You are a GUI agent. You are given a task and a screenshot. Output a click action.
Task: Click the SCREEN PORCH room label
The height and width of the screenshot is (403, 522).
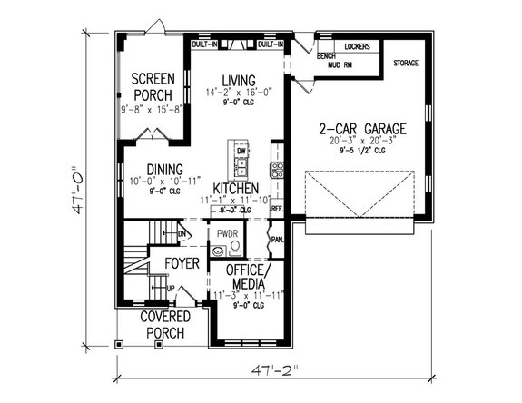point(152,86)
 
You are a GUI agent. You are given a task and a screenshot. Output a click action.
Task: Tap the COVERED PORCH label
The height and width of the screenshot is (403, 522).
point(165,324)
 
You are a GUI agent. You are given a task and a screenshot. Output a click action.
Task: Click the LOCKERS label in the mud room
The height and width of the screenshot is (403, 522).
point(357,45)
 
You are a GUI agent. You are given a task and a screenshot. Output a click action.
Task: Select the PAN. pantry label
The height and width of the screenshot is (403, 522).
point(276,241)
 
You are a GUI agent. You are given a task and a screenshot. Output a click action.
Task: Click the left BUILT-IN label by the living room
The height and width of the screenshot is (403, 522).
point(204,44)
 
